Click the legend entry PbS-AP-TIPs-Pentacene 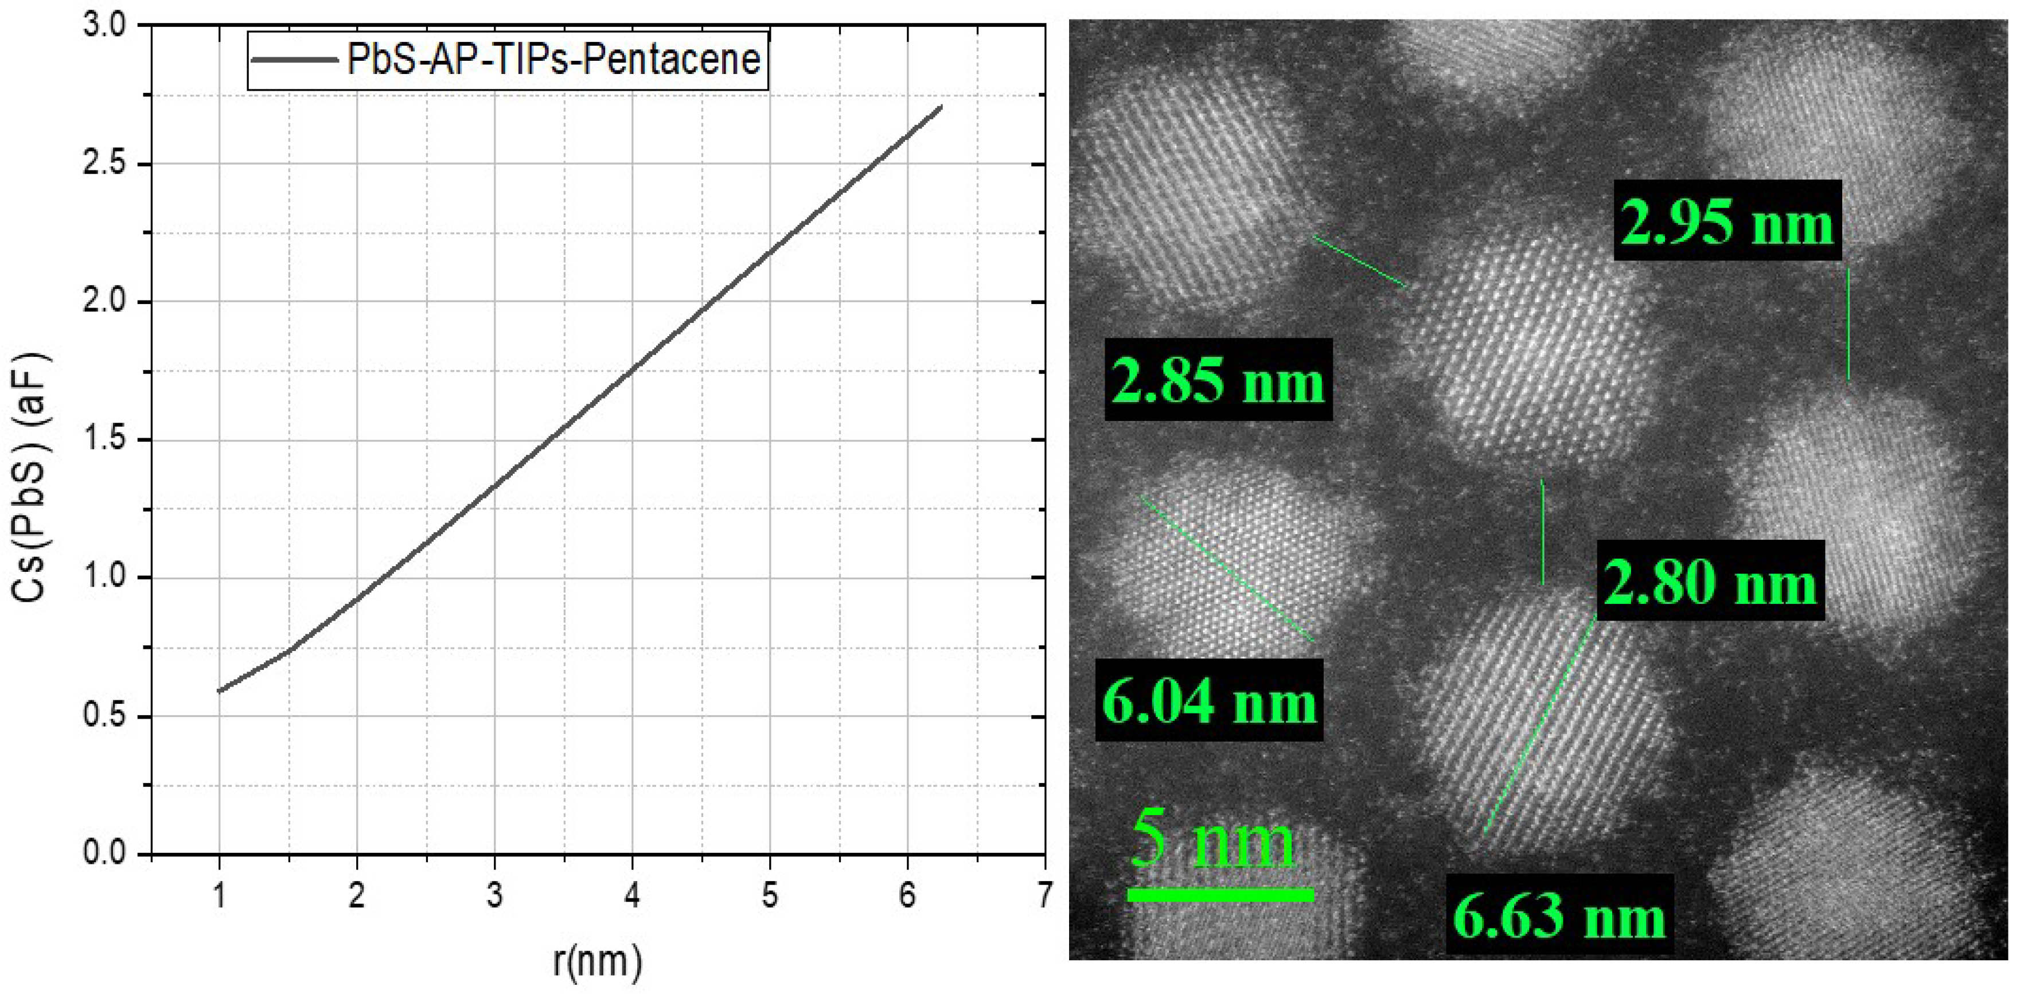(553, 60)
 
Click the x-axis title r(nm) (598, 961)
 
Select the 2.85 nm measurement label (1218, 381)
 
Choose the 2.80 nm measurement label (1710, 582)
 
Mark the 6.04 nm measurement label (1209, 700)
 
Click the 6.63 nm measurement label (1559, 915)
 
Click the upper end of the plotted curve (940, 107)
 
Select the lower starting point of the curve (220, 691)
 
